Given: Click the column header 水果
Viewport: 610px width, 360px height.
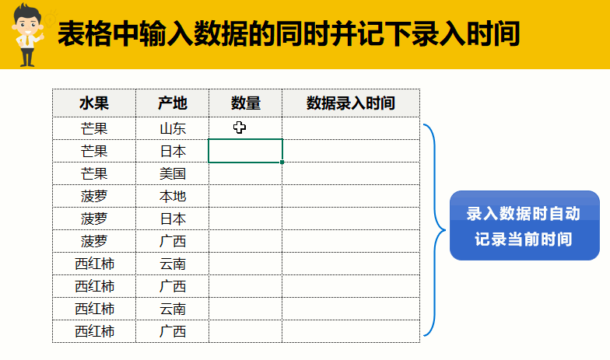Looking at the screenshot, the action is coord(94,103).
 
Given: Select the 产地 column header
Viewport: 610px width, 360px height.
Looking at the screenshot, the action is coord(173,103).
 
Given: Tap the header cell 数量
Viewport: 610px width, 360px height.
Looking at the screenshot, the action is coord(246,103).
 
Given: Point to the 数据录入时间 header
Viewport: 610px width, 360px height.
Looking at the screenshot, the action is coord(351,103).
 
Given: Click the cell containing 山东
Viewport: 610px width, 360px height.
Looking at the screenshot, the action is coord(173,128).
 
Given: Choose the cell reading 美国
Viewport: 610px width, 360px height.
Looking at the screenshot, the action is coord(173,173).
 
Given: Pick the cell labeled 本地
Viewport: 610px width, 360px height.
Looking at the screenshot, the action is coord(173,196).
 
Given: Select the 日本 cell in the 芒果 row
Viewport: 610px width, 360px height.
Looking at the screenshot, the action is coord(173,151).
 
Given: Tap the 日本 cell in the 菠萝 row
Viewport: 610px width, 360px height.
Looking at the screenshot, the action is coord(173,218).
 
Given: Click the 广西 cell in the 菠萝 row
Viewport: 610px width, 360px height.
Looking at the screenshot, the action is coord(173,241).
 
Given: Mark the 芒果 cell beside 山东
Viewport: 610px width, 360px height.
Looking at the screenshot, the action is coord(94,128).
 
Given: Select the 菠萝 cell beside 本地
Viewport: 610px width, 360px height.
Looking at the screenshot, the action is coord(94,196).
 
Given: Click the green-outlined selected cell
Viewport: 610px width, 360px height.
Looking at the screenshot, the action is coord(246,151).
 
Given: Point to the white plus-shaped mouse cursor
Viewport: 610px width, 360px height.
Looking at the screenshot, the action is coord(240,128).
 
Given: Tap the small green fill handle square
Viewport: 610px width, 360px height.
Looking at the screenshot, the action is coord(282,162).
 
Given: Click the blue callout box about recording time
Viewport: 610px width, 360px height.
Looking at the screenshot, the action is coord(524,225).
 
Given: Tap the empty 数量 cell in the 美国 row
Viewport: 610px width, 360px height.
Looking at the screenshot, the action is coord(246,173).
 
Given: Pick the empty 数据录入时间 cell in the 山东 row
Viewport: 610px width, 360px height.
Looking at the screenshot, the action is coord(351,128).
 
